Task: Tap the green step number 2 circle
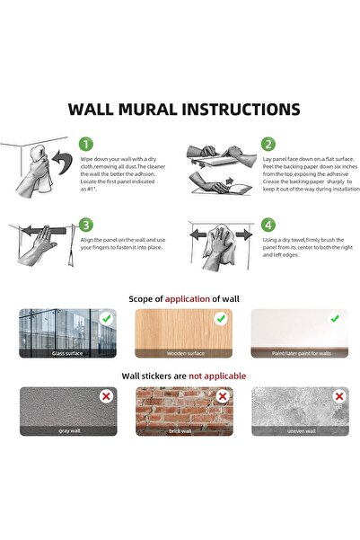[268, 145]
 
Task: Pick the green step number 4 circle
[268, 225]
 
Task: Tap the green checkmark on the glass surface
[108, 318]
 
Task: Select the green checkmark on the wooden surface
[221, 318]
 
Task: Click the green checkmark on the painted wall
[335, 318]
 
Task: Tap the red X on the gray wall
[108, 395]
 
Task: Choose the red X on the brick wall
[221, 395]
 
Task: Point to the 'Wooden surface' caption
[183, 353]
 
